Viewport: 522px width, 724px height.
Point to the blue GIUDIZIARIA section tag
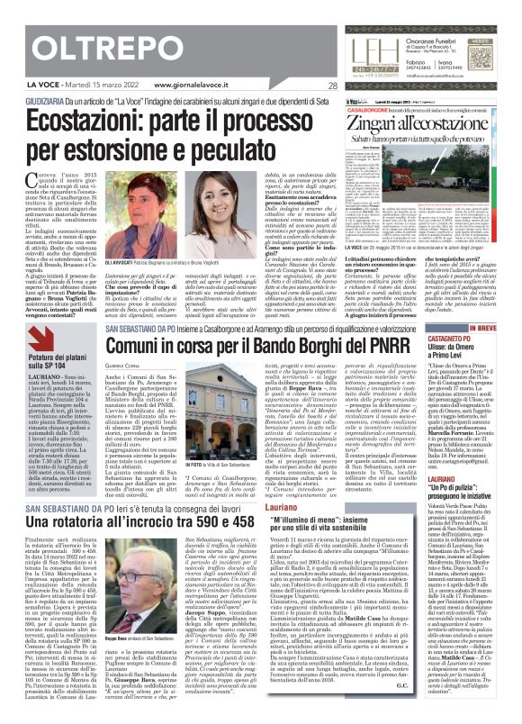click(27, 100)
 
